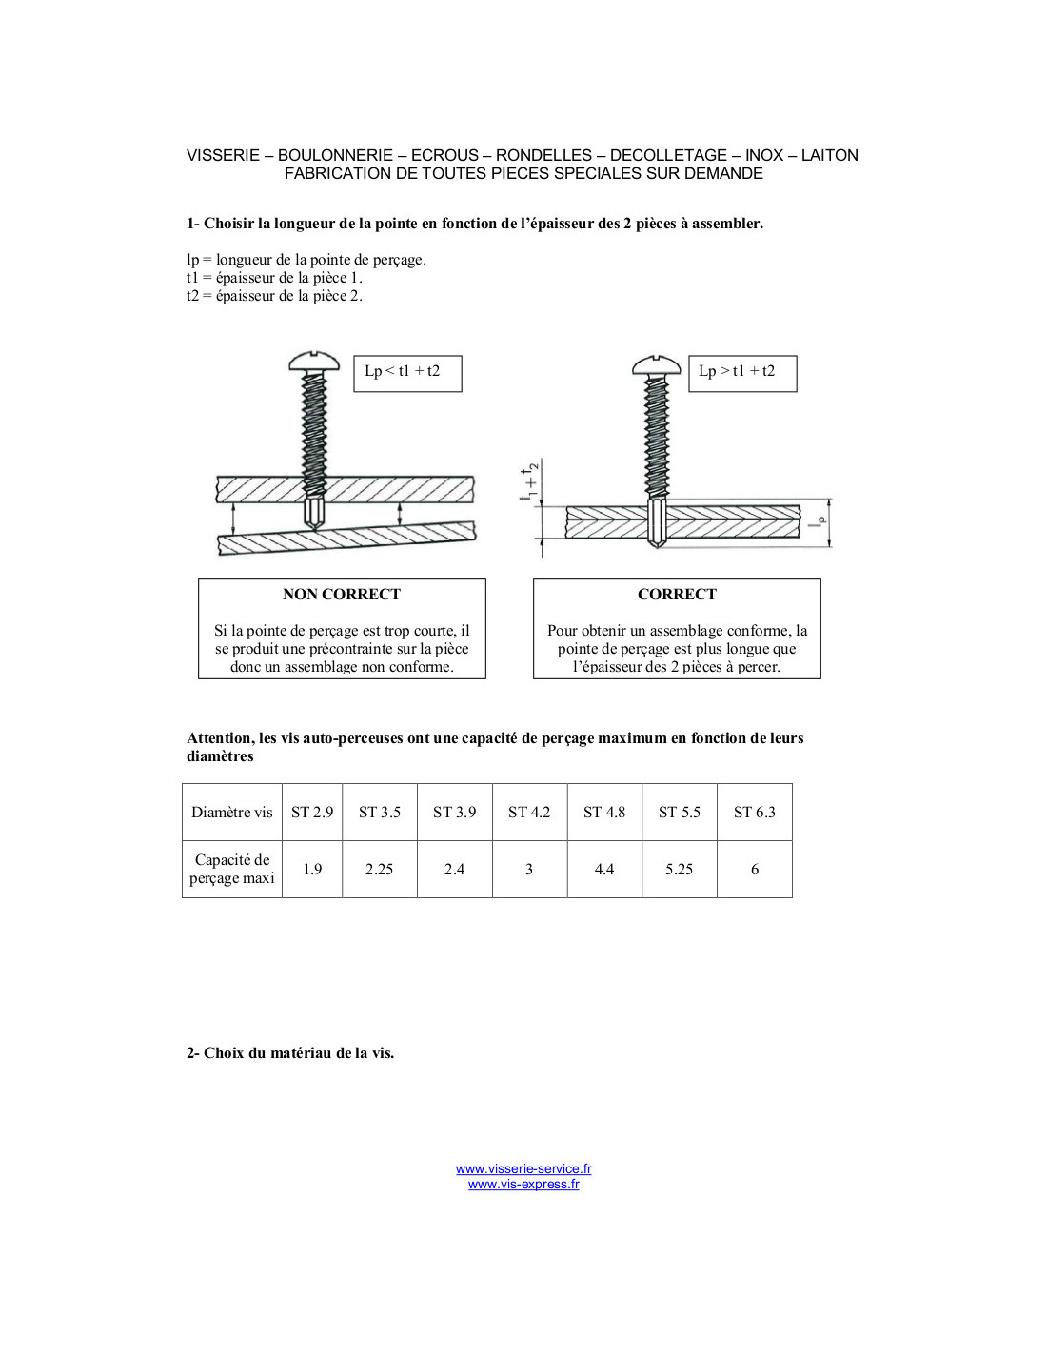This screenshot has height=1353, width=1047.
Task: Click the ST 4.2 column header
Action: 529,812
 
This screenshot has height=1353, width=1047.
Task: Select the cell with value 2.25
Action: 380,870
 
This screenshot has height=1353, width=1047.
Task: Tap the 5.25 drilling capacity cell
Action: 679,870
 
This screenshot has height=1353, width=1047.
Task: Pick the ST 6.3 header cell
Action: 754,812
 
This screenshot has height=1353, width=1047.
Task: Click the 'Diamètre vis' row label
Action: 231,812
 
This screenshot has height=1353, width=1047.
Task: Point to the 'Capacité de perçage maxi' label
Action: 231,870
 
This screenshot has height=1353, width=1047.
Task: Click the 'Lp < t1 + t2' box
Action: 408,374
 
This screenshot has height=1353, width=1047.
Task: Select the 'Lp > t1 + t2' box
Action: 742,374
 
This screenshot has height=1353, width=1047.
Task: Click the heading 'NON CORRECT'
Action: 342,594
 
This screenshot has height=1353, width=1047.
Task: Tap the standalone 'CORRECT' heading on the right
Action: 677,594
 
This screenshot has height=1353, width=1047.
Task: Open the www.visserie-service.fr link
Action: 523,1168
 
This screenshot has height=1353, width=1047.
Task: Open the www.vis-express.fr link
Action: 523,1185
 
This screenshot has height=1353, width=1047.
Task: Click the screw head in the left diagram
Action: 314,361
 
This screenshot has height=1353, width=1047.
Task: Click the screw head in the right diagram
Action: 657,364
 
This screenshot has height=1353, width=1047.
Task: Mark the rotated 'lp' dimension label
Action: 816,521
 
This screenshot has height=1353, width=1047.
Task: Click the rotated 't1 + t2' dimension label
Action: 530,482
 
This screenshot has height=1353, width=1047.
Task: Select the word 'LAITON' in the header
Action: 830,155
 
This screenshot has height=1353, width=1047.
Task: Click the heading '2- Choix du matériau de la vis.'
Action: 290,1053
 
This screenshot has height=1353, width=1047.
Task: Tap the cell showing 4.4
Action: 604,870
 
